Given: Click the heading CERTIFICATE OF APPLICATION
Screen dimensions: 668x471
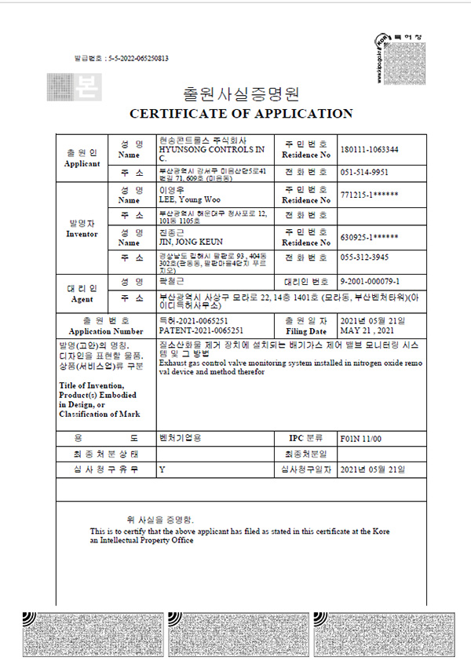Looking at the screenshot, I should click(240, 113).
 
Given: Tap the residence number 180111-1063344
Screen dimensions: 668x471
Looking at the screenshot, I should click(370, 149).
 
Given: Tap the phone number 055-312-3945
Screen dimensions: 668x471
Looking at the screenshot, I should click(363, 257).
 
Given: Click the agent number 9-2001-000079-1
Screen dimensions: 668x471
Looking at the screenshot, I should click(372, 280).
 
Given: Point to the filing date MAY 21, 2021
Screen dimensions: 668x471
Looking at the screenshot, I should click(366, 331).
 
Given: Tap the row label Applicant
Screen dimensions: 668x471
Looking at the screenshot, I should click(82, 164).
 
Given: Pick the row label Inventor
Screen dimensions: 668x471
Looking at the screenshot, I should click(82, 233).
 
